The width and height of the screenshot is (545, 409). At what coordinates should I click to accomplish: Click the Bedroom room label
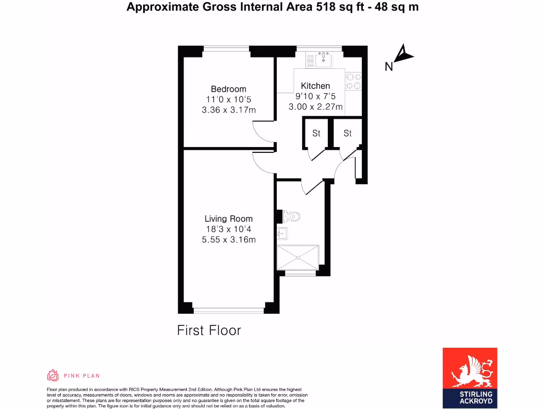228,89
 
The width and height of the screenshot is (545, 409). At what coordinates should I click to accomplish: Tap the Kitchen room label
316,86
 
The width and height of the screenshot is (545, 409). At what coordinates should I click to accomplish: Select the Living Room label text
228,219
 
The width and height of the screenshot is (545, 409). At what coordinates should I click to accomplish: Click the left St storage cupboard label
316,133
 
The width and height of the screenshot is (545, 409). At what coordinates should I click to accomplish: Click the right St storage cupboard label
348,133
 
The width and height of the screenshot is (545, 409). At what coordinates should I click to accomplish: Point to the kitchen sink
323,59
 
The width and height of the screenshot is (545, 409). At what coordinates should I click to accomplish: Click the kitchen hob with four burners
353,81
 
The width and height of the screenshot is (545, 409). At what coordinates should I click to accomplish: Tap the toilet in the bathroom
291,216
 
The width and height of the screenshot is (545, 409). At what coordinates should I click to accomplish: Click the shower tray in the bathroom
298,258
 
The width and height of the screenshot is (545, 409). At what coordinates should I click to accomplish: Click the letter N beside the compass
389,67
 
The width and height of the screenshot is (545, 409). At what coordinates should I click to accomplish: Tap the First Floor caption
209,330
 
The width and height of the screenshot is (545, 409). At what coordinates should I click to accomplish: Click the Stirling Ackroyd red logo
470,377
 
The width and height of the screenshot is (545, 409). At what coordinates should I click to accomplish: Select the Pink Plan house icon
53,375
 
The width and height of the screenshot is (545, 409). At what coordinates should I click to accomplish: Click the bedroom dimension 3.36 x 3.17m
228,110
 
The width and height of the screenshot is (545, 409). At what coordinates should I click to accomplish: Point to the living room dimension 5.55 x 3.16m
228,240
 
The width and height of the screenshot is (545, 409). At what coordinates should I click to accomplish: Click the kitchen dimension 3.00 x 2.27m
316,107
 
